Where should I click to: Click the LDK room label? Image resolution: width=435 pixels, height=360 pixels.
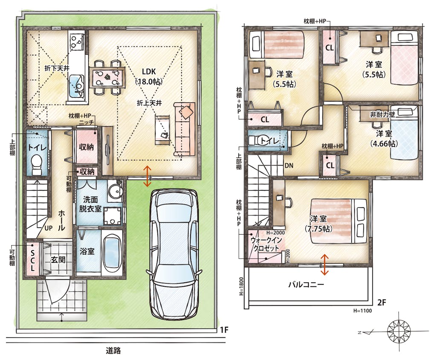pyautogui.click(x=149, y=71)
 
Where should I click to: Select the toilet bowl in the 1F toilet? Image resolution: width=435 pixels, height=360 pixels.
pyautogui.click(x=37, y=164)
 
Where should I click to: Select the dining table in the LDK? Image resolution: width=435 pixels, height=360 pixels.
pyautogui.click(x=107, y=78)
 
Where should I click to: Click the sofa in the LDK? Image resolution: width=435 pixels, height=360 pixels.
pyautogui.click(x=184, y=129)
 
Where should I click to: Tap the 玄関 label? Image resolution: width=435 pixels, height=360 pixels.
pyautogui.click(x=58, y=259)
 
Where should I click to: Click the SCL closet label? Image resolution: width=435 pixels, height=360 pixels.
pyautogui.click(x=32, y=260)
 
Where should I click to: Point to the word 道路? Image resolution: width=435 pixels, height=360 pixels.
pyautogui.click(x=113, y=351)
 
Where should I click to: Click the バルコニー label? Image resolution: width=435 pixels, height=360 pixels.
pyautogui.click(x=306, y=285)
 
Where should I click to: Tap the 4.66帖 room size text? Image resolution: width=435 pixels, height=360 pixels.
pyautogui.click(x=384, y=143)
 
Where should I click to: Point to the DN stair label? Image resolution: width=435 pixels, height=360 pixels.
pyautogui.click(x=289, y=165)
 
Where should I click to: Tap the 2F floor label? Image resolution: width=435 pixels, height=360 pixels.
pyautogui.click(x=382, y=302)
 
